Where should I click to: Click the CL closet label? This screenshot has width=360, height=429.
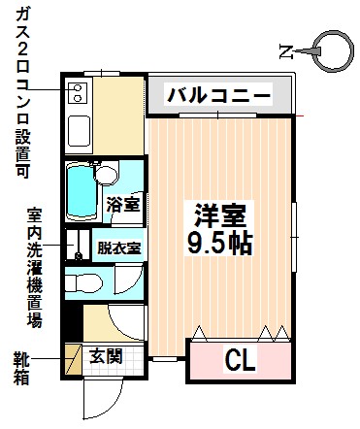(241, 361)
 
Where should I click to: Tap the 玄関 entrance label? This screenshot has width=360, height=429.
(106, 356)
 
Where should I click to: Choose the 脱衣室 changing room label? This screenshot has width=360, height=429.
(118, 247)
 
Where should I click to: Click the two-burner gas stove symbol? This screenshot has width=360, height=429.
(77, 94)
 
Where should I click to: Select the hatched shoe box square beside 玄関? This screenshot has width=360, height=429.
(73, 356)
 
